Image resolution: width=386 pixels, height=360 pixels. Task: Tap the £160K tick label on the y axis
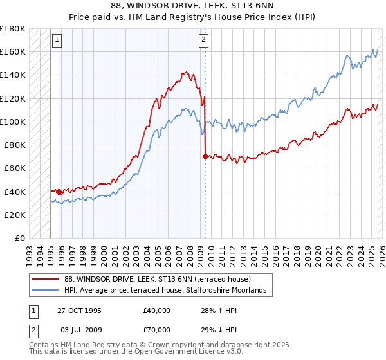click(13, 51)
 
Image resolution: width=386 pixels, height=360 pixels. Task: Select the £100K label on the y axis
click(13, 122)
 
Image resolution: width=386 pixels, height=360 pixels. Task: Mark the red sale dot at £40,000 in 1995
click(59, 192)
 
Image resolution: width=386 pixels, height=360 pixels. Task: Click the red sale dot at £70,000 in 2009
click(205, 156)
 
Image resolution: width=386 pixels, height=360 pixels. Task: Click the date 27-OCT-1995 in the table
click(79, 310)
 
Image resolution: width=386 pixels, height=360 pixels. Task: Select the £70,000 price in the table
click(157, 330)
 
